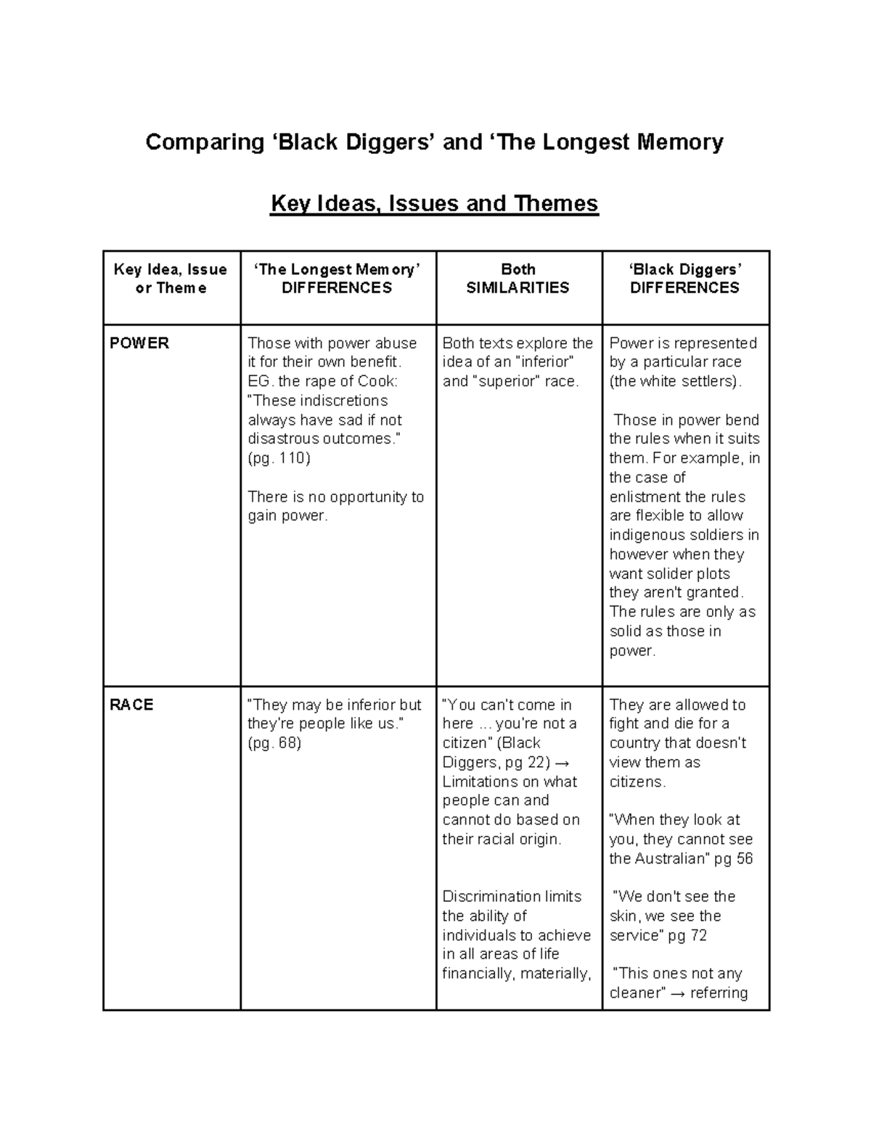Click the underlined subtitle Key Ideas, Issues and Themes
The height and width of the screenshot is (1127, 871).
click(x=434, y=204)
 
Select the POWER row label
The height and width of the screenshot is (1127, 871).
click(x=139, y=343)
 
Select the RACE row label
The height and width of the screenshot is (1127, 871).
click(x=131, y=705)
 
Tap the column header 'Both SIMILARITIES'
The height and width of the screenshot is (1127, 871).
click(x=518, y=279)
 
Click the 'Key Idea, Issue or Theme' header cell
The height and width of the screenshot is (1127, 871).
click(x=171, y=279)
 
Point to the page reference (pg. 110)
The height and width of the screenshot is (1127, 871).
click(x=279, y=459)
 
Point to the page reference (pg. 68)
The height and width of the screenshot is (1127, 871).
click(x=274, y=743)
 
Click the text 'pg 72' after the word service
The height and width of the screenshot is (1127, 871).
click(x=687, y=935)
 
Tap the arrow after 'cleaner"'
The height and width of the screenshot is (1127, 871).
click(x=677, y=993)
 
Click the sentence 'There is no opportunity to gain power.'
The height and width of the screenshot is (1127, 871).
click(x=335, y=507)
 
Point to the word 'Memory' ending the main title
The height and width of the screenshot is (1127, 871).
click(x=680, y=142)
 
